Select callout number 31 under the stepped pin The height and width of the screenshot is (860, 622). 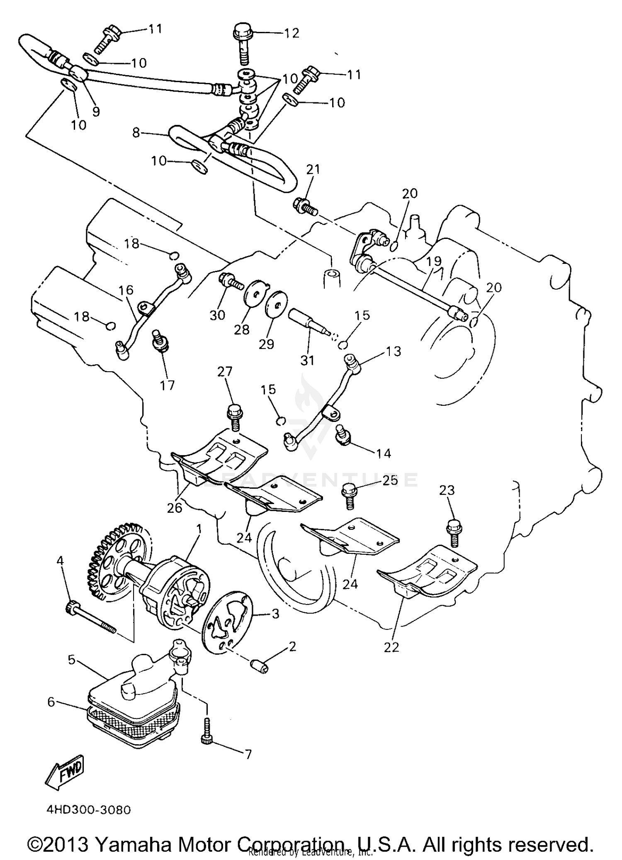coord(307,360)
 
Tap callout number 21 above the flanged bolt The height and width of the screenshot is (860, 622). coord(313,169)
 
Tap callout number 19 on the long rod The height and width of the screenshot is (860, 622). coord(434,261)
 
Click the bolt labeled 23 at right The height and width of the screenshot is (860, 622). coord(453,533)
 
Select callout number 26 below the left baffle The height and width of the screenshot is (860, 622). coord(175,507)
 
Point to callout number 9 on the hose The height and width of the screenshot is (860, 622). coord(96,111)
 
